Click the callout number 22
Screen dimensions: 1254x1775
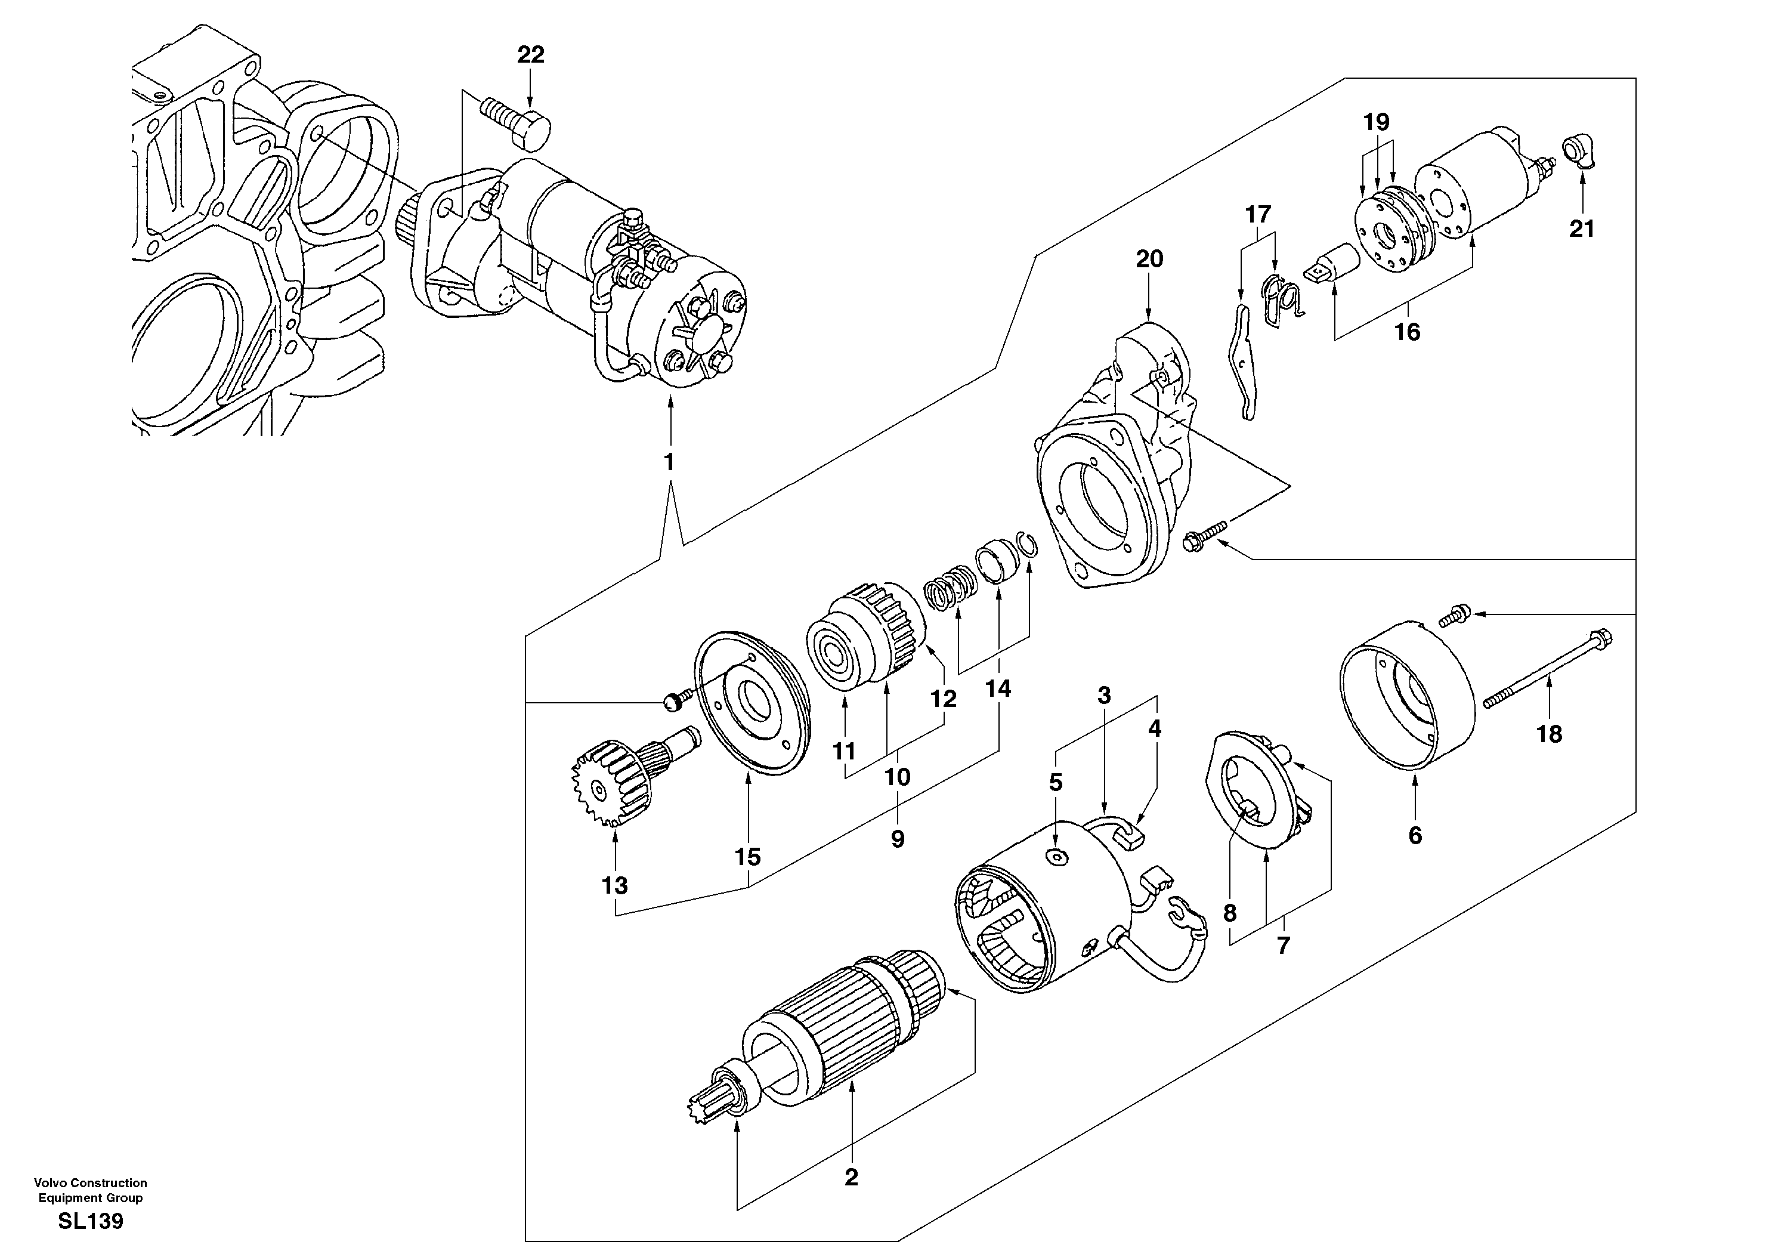pyautogui.click(x=530, y=55)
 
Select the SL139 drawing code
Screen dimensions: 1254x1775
pyautogui.click(x=91, y=1222)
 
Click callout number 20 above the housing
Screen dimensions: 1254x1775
pyautogui.click(x=1149, y=259)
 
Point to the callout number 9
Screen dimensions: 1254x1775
pyautogui.click(x=897, y=839)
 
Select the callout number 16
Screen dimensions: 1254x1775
pyautogui.click(x=1407, y=332)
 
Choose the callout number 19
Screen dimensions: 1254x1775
pyautogui.click(x=1376, y=122)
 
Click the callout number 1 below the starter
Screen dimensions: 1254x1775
pyautogui.click(x=669, y=462)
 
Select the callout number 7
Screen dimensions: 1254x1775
pyautogui.click(x=1284, y=946)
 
